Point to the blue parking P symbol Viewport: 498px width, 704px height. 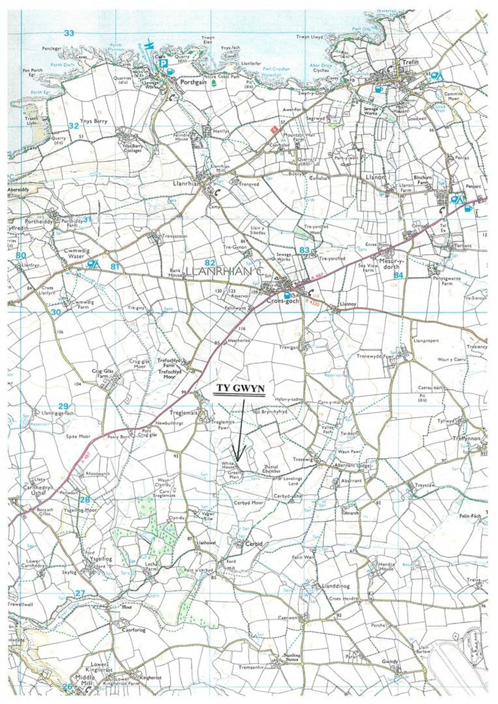click(164, 63)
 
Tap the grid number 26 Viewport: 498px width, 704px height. click(68, 686)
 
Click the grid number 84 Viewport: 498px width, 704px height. click(398, 275)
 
